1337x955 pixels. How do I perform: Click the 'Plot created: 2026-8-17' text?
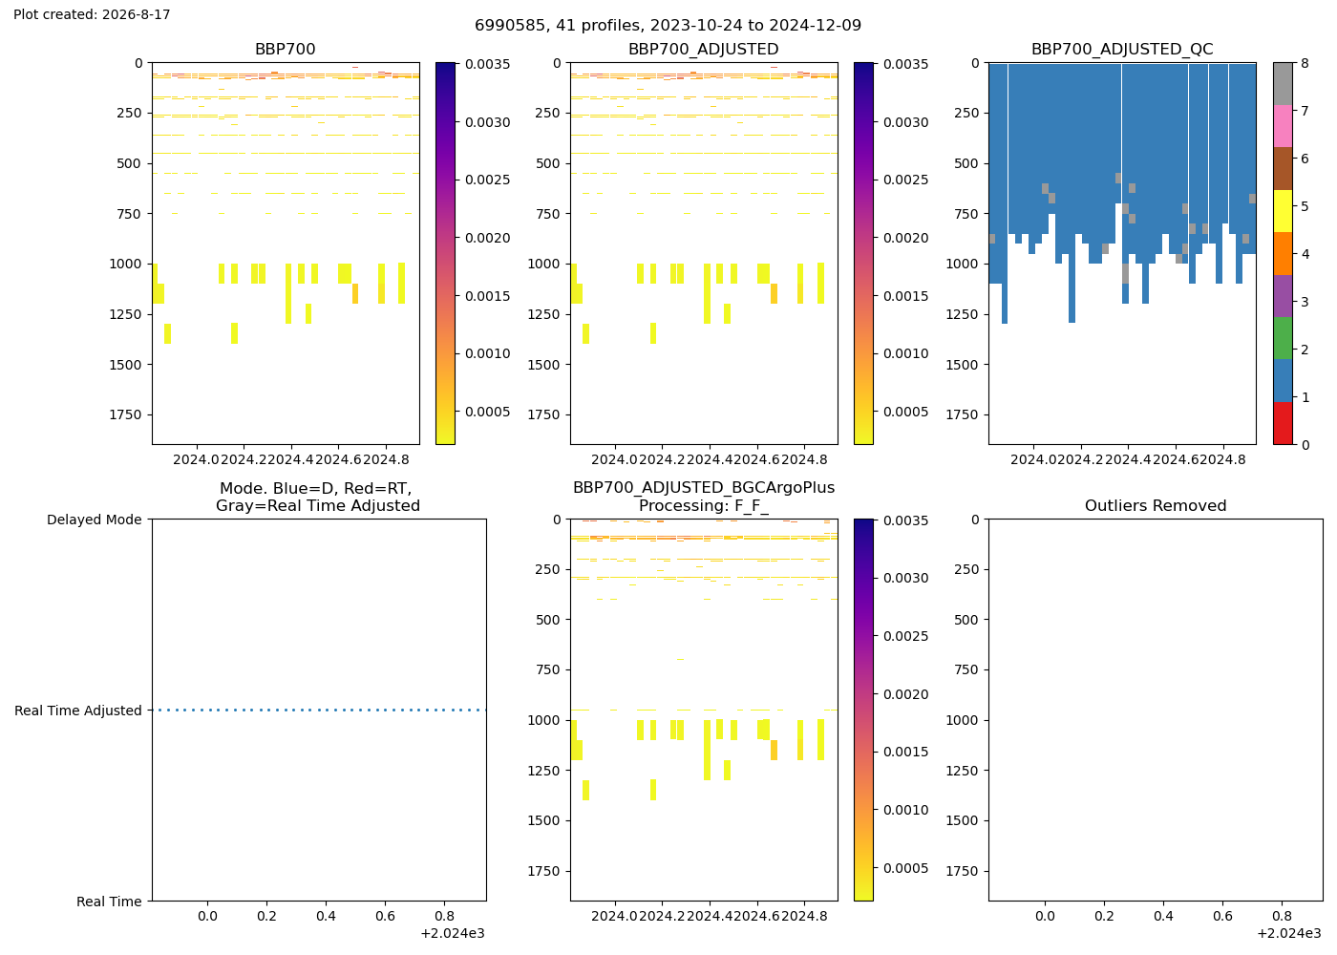coord(92,14)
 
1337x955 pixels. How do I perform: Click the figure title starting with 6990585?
coord(668,25)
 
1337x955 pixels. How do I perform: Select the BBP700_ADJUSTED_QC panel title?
coord(1122,49)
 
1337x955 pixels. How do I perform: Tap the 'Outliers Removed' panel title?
coord(1156,505)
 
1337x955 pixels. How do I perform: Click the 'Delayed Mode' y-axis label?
coord(95,520)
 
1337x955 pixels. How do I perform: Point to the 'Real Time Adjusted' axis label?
coord(78,711)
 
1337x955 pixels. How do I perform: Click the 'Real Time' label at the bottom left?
coord(109,902)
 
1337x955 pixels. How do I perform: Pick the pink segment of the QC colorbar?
coord(1283,126)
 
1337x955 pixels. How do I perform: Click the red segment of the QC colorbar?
coord(1283,423)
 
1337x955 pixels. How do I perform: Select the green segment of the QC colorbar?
coord(1283,338)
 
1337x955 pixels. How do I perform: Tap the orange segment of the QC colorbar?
coord(1283,254)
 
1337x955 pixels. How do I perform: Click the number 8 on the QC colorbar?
coord(1305,63)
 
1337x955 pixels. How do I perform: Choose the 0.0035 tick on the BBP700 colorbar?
coord(488,64)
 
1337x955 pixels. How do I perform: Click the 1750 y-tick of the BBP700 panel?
coord(125,414)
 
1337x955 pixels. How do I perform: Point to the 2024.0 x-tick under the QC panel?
coord(1033,459)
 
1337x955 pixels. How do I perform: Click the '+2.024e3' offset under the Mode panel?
coord(453,934)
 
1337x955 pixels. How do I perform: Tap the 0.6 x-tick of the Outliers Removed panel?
coord(1222,916)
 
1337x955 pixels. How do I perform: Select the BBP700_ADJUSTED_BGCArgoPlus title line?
coord(704,488)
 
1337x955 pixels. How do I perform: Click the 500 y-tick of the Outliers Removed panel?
coord(966,620)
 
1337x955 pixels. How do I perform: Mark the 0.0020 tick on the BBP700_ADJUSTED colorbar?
coord(906,238)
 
